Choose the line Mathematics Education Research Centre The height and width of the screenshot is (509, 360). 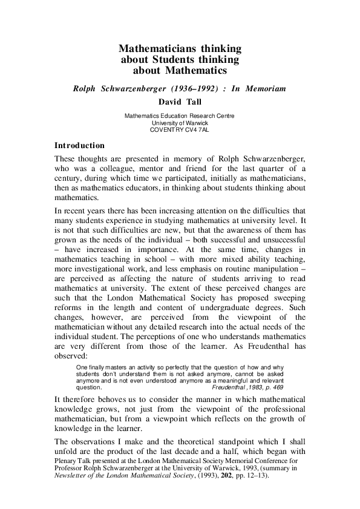point(179,115)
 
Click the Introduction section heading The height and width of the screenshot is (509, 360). point(80,146)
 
